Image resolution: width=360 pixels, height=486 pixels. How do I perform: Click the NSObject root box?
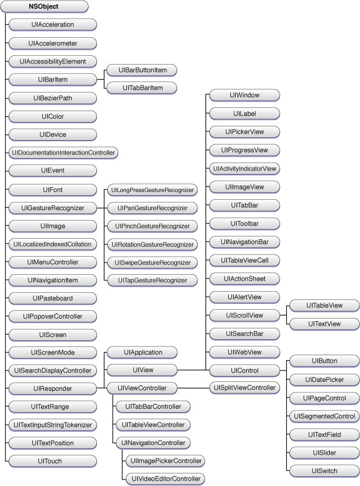pyautogui.click(x=44, y=7)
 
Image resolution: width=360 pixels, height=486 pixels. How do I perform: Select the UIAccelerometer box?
pyautogui.click(x=53, y=43)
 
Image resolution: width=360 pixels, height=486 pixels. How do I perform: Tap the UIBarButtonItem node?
pyautogui.click(x=142, y=70)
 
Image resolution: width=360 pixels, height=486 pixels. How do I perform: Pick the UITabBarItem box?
pyautogui.click(x=142, y=88)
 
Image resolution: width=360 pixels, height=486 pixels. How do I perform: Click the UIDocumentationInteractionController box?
pyautogui.click(x=63, y=152)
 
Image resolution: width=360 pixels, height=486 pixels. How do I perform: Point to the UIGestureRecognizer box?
pyautogui.click(x=53, y=208)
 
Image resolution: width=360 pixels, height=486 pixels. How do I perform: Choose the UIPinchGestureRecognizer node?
pyautogui.click(x=152, y=226)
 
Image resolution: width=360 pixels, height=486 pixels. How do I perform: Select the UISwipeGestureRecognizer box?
pyautogui.click(x=152, y=263)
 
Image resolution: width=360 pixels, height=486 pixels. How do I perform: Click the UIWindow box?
pyautogui.click(x=245, y=95)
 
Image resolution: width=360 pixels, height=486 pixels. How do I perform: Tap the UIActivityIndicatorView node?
pyautogui.click(x=245, y=169)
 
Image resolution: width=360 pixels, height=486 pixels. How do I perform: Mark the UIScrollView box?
pyautogui.click(x=245, y=315)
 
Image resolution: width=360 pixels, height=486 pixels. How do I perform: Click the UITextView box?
pyautogui.click(x=324, y=324)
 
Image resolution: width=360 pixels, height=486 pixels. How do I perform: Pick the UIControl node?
pyautogui.click(x=245, y=371)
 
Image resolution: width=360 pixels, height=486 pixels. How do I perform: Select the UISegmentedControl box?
pyautogui.click(x=324, y=416)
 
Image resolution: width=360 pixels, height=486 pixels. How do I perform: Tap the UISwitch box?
pyautogui.click(x=324, y=471)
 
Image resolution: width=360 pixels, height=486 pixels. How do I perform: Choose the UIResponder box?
pyautogui.click(x=53, y=389)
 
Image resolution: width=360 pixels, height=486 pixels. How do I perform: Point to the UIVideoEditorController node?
pyautogui.click(x=164, y=479)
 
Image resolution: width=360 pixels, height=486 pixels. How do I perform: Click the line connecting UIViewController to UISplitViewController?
pyautogui.click(x=194, y=389)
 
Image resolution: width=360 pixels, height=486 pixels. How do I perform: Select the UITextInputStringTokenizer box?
pyautogui.click(x=53, y=425)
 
